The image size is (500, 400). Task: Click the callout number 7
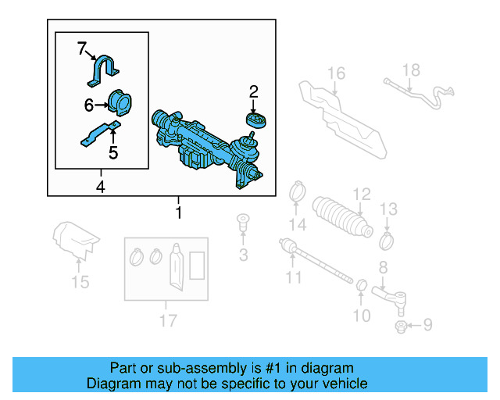pyautogui.click(x=82, y=49)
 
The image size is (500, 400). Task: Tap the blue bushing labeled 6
pyautogui.click(x=120, y=103)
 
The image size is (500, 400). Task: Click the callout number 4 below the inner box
pyautogui.click(x=100, y=187)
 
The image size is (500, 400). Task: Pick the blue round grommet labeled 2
pyautogui.click(x=255, y=119)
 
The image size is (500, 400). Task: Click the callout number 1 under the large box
pyautogui.click(x=179, y=212)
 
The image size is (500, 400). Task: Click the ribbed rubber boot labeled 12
pyautogui.click(x=341, y=217)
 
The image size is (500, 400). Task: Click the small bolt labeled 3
pyautogui.click(x=242, y=223)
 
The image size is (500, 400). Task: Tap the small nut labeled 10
pyautogui.click(x=361, y=284)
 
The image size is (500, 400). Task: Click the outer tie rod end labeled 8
pyautogui.click(x=391, y=295)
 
